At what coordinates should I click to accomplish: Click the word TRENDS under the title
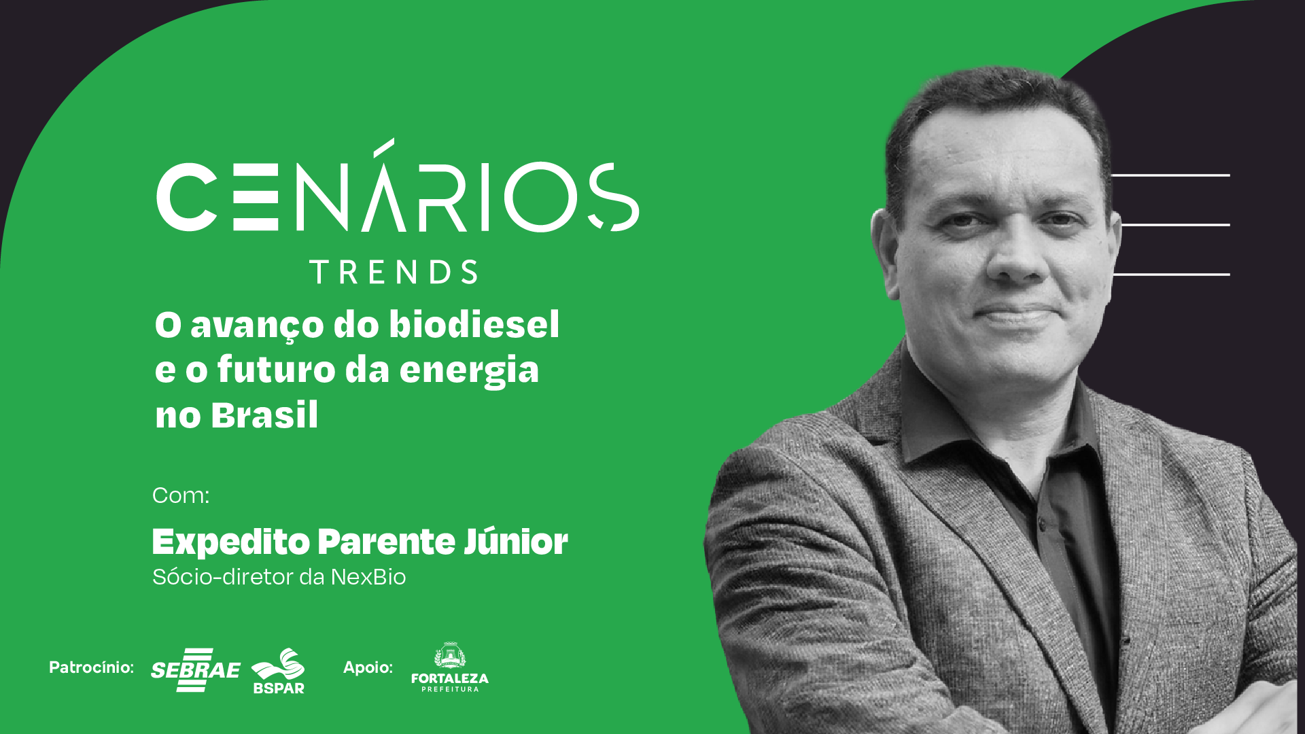pyautogui.click(x=394, y=272)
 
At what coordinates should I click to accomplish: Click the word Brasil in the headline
pyautogui.click(x=264, y=415)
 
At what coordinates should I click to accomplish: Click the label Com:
pyautogui.click(x=181, y=495)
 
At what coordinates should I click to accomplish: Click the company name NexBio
pyautogui.click(x=368, y=577)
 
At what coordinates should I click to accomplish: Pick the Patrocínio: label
pyautogui.click(x=92, y=667)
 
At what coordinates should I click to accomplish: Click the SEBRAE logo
pyautogui.click(x=195, y=670)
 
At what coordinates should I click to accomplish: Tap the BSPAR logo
pyautogui.click(x=279, y=671)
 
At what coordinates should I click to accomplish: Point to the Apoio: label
pyautogui.click(x=368, y=667)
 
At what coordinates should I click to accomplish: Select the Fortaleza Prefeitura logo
pyautogui.click(x=450, y=667)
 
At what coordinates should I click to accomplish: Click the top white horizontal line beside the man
pyautogui.click(x=1170, y=175)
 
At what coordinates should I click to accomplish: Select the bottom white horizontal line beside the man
pyautogui.click(x=1171, y=275)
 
